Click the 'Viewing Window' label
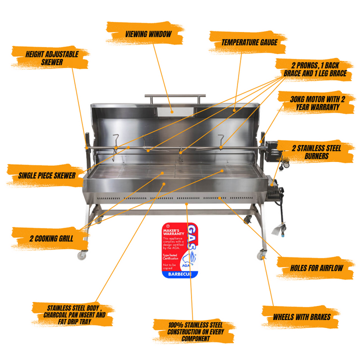[x=148, y=34]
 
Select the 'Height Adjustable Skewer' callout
[x=52, y=57]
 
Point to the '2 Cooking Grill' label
[x=51, y=238]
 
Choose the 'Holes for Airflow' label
[x=316, y=267]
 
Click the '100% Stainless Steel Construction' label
[x=193, y=331]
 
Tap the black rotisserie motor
[x=273, y=150]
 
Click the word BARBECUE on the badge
[x=179, y=274]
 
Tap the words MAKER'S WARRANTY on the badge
[x=174, y=233]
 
